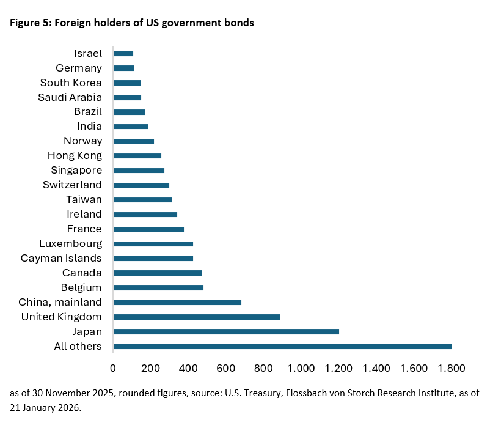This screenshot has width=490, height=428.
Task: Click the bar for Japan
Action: click(225, 331)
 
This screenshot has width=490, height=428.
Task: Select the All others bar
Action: click(282, 346)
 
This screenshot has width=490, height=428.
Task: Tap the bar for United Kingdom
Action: click(196, 317)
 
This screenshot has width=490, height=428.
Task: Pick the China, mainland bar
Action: click(177, 302)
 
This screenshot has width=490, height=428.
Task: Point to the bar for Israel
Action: click(123, 53)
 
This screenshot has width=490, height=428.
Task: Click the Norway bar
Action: click(133, 141)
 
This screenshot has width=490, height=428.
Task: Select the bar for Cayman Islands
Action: click(153, 258)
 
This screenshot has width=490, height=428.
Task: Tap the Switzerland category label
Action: click(72, 185)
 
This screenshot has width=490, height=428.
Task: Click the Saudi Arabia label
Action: click(70, 97)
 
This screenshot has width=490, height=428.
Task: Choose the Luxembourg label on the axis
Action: click(70, 243)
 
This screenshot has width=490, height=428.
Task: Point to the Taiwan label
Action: click(84, 199)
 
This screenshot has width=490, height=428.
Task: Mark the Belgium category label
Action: click(81, 287)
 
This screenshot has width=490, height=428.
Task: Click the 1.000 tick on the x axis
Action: click(301, 368)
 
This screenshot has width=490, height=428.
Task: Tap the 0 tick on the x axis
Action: click(113, 368)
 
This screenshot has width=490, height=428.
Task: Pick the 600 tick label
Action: click(226, 368)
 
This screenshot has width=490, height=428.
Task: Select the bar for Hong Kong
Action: click(137, 156)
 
